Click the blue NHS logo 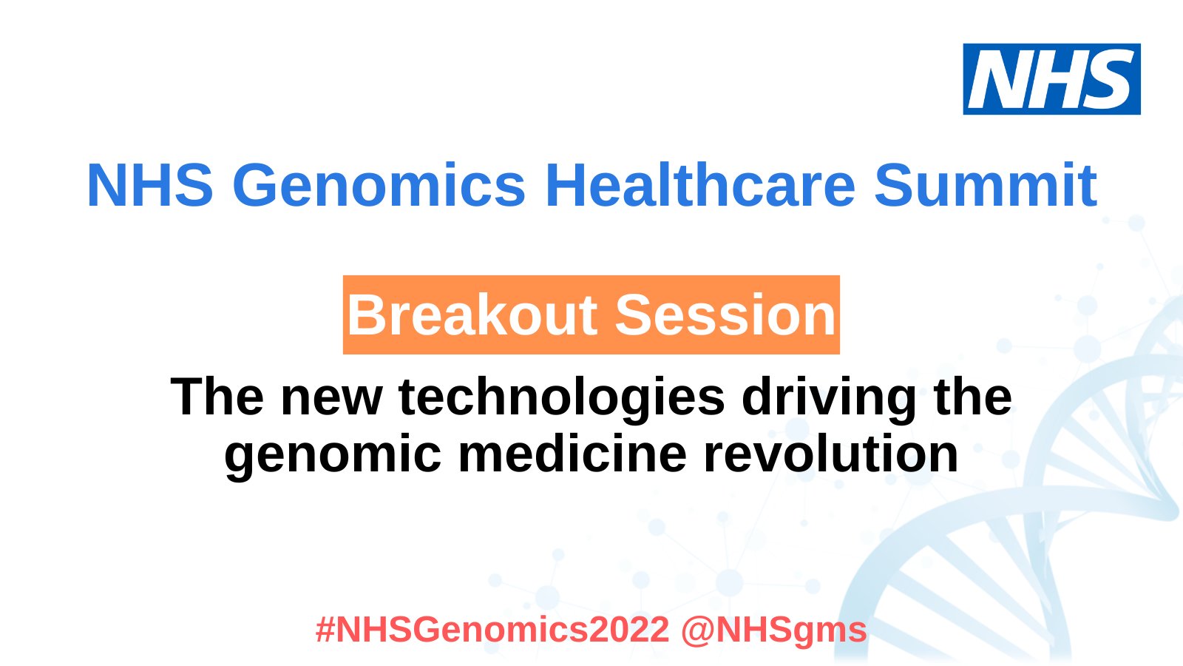point(1051,79)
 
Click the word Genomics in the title point(379,185)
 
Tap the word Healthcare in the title point(700,185)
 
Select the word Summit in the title point(986,185)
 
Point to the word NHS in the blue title point(150,185)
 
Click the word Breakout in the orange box point(472,315)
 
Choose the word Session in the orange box point(725,315)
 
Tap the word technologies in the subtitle point(562,397)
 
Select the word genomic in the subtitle point(333,454)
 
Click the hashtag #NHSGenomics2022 point(492,630)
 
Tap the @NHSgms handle point(773,630)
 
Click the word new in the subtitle point(331,397)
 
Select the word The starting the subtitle point(217,397)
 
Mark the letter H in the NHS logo point(1053,79)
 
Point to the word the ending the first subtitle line point(973,397)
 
